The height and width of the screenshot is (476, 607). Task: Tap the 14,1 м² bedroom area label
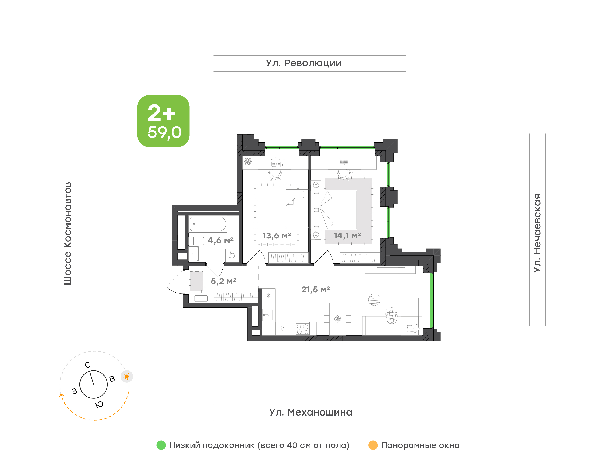click(x=347, y=236)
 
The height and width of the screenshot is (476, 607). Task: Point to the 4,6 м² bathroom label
click(x=220, y=240)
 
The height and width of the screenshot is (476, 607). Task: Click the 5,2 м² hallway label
click(x=223, y=281)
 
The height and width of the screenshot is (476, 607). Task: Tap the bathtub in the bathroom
click(x=208, y=224)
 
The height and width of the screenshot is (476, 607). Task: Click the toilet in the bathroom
click(x=196, y=241)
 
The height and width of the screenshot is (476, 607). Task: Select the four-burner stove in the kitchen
click(x=302, y=329)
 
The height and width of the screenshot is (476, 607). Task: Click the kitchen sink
click(x=268, y=315)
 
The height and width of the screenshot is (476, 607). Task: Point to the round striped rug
click(x=374, y=300)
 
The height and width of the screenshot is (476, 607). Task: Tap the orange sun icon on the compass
click(x=127, y=377)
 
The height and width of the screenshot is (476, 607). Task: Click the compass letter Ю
click(x=99, y=404)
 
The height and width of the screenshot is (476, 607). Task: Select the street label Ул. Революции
click(x=304, y=63)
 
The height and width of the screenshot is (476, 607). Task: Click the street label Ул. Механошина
click(x=311, y=412)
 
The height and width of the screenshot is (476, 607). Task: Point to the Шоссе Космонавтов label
click(x=68, y=234)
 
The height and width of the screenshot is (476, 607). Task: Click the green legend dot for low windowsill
click(x=161, y=445)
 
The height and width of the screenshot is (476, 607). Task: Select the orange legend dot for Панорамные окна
click(x=373, y=445)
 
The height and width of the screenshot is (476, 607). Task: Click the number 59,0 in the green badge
click(x=165, y=132)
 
